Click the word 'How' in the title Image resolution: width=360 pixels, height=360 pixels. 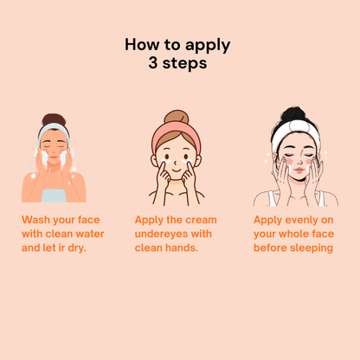[143, 44]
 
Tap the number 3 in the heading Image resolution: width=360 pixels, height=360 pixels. [153, 63]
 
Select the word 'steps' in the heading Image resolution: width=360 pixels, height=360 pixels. [184, 63]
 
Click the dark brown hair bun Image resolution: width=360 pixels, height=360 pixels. [54, 119]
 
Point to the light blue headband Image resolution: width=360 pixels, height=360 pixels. [54, 131]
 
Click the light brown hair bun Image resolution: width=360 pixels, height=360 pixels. [177, 117]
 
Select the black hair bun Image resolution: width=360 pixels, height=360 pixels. [293, 114]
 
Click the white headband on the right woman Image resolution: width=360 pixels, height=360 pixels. [296, 132]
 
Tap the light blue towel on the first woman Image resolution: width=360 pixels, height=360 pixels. [54, 196]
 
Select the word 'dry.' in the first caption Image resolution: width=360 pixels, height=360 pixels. [77, 248]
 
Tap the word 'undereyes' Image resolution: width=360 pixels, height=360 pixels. [161, 234]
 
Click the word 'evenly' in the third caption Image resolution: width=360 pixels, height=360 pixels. [299, 221]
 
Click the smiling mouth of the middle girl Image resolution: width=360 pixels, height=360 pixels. [177, 170]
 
